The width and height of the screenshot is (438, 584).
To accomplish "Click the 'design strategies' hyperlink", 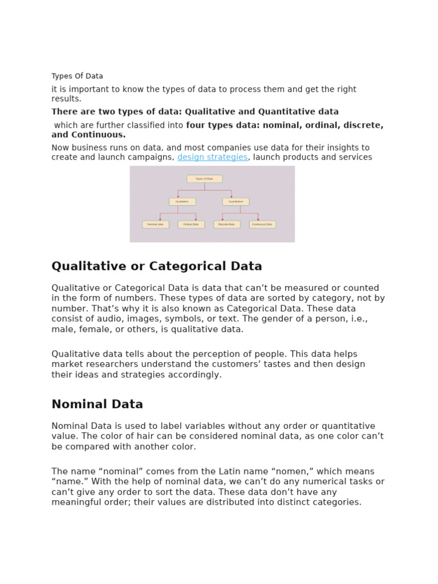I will tap(212, 157).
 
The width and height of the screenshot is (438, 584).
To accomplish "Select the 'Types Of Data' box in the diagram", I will tap(205, 179).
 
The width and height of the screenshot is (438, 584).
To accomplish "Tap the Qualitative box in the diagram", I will tap(182, 201).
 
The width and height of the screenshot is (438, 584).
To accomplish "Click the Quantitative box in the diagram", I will tap(236, 201).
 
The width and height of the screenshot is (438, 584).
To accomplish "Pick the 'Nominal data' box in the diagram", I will tap(156, 225).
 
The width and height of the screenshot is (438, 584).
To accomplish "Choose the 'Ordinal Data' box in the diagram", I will tap(191, 225).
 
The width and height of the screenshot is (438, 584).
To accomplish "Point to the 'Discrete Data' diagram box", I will tap(227, 225).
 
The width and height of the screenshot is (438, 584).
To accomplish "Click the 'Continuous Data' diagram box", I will tap(262, 225).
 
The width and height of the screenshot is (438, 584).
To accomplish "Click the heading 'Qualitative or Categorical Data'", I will tap(157, 266).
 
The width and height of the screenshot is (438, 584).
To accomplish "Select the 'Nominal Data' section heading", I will tap(97, 404).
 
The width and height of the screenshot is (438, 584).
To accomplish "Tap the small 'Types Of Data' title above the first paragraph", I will tap(77, 76).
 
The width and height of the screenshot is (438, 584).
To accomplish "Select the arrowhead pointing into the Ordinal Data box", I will tap(196, 219).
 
